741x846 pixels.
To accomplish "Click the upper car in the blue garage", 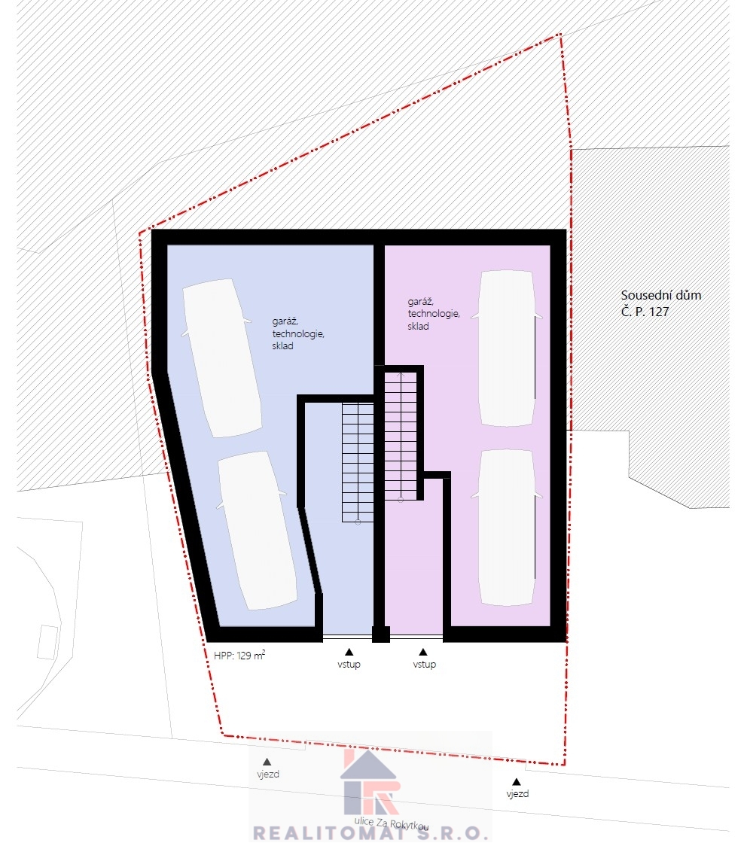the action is pyautogui.click(x=222, y=358).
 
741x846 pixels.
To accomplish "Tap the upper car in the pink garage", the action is pyautogui.click(x=507, y=348).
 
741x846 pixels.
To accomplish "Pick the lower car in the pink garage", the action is pyautogui.click(x=507, y=527).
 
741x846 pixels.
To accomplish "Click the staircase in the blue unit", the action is pyautogui.click(x=358, y=462).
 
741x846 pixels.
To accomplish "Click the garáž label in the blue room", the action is pyautogui.click(x=285, y=321).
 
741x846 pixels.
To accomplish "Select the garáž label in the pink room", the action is pyautogui.click(x=420, y=302).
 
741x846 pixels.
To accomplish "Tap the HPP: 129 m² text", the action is pyautogui.click(x=239, y=656).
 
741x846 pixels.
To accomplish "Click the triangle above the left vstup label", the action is pyautogui.click(x=349, y=652).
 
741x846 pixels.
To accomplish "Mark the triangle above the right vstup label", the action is pyautogui.click(x=423, y=652).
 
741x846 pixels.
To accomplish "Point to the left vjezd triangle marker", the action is pyautogui.click(x=267, y=762).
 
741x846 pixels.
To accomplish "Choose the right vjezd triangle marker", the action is pyautogui.click(x=517, y=781).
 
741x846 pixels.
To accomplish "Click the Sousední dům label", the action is pyautogui.click(x=661, y=295).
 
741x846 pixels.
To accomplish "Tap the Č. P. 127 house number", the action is pyautogui.click(x=645, y=312).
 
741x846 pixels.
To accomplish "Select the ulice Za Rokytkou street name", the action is pyautogui.click(x=392, y=823).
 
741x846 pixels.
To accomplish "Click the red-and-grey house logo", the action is pyautogui.click(x=370, y=781).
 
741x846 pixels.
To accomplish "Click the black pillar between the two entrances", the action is pyautogui.click(x=381, y=634).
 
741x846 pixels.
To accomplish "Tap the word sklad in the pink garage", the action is pyautogui.click(x=418, y=327).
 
